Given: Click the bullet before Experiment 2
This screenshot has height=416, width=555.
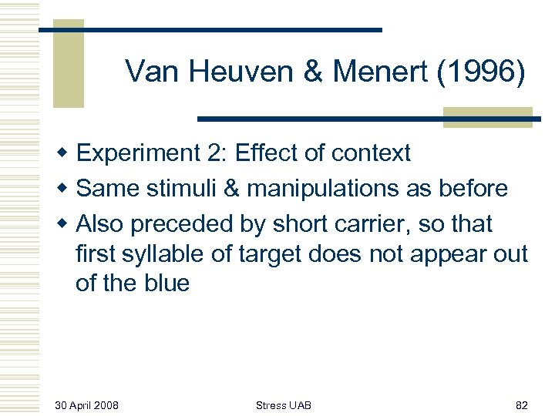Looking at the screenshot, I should click(x=68, y=154).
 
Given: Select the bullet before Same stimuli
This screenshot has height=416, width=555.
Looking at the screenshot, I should click(x=68, y=189).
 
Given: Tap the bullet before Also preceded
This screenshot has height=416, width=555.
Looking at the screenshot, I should click(x=68, y=224).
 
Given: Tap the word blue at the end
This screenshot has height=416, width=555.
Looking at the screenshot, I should click(x=165, y=283).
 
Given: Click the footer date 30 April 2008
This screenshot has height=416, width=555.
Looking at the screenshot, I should click(x=86, y=405).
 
